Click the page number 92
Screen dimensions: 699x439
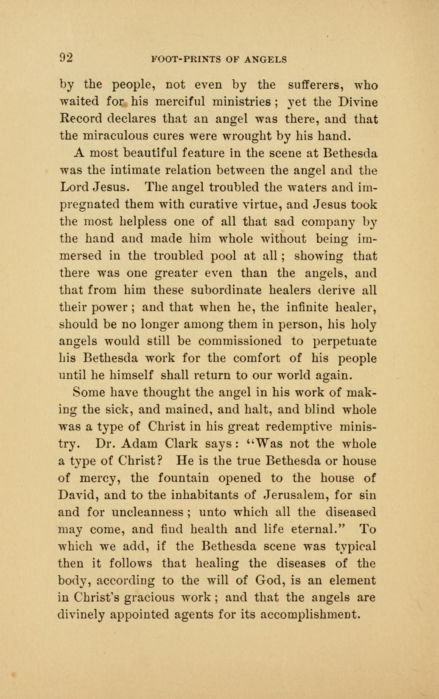click(x=66, y=58)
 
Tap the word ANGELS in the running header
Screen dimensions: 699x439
click(x=266, y=59)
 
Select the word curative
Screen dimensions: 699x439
click(x=224, y=204)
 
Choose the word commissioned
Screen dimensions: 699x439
click(x=240, y=341)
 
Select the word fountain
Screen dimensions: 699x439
click(x=183, y=478)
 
